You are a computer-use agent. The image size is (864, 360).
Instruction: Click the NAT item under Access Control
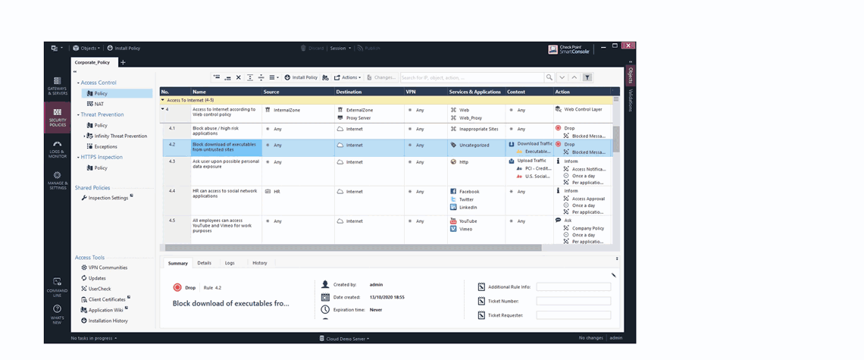[99, 104]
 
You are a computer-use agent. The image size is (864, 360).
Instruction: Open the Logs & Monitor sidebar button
[57, 147]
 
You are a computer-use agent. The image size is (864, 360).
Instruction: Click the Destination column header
[349, 92]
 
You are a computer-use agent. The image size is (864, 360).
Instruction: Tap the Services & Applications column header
[474, 92]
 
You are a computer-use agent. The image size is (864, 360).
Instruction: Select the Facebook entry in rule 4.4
[469, 192]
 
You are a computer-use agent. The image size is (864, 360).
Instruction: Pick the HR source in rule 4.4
[277, 192]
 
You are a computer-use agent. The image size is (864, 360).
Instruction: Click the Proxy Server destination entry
[359, 118]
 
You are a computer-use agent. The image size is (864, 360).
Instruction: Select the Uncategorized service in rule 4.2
[474, 145]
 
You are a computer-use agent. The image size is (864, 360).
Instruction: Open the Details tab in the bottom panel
[204, 263]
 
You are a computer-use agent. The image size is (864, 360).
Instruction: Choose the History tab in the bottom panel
[259, 263]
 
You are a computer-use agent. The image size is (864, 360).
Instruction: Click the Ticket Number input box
[572, 301]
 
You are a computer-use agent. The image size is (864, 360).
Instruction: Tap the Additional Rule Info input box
[572, 287]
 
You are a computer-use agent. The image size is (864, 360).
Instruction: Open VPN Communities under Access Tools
[108, 268]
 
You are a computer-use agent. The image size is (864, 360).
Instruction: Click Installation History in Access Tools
[108, 321]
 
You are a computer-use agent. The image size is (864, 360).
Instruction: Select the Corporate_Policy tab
[92, 62]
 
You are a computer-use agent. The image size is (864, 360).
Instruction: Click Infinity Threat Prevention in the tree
[120, 136]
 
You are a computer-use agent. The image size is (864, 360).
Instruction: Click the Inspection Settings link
[108, 198]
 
